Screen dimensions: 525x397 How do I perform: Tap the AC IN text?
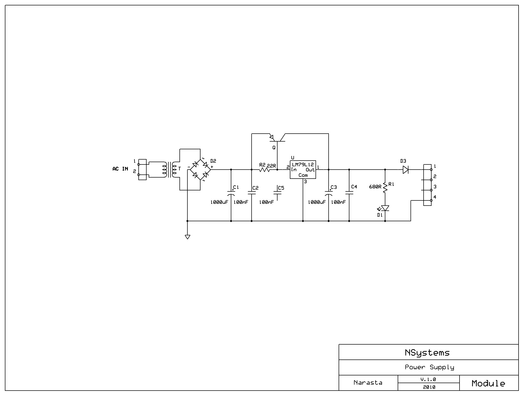coord(120,169)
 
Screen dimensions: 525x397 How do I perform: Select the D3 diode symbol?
coord(406,170)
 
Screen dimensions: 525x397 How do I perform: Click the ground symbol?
coord(187,237)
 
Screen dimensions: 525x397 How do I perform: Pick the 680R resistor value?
coord(375,187)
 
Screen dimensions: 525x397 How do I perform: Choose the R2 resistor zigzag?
coord(264,170)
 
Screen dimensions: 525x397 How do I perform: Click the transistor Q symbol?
coord(277,138)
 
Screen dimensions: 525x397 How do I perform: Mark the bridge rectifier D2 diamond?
coord(200,170)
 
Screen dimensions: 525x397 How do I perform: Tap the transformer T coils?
coord(169,170)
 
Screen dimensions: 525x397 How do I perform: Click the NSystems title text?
coord(427,353)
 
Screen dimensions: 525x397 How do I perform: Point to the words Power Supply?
coord(429,367)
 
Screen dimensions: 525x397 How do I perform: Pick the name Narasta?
coord(368,383)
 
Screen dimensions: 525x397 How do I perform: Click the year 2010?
coord(429,387)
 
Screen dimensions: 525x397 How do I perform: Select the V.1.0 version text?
coord(428,379)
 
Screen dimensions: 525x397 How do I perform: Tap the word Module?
coord(488,383)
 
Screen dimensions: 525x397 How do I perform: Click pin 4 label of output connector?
coord(435,197)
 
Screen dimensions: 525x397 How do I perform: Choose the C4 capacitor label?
coord(354,187)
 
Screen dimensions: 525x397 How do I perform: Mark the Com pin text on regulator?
coord(303,175)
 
